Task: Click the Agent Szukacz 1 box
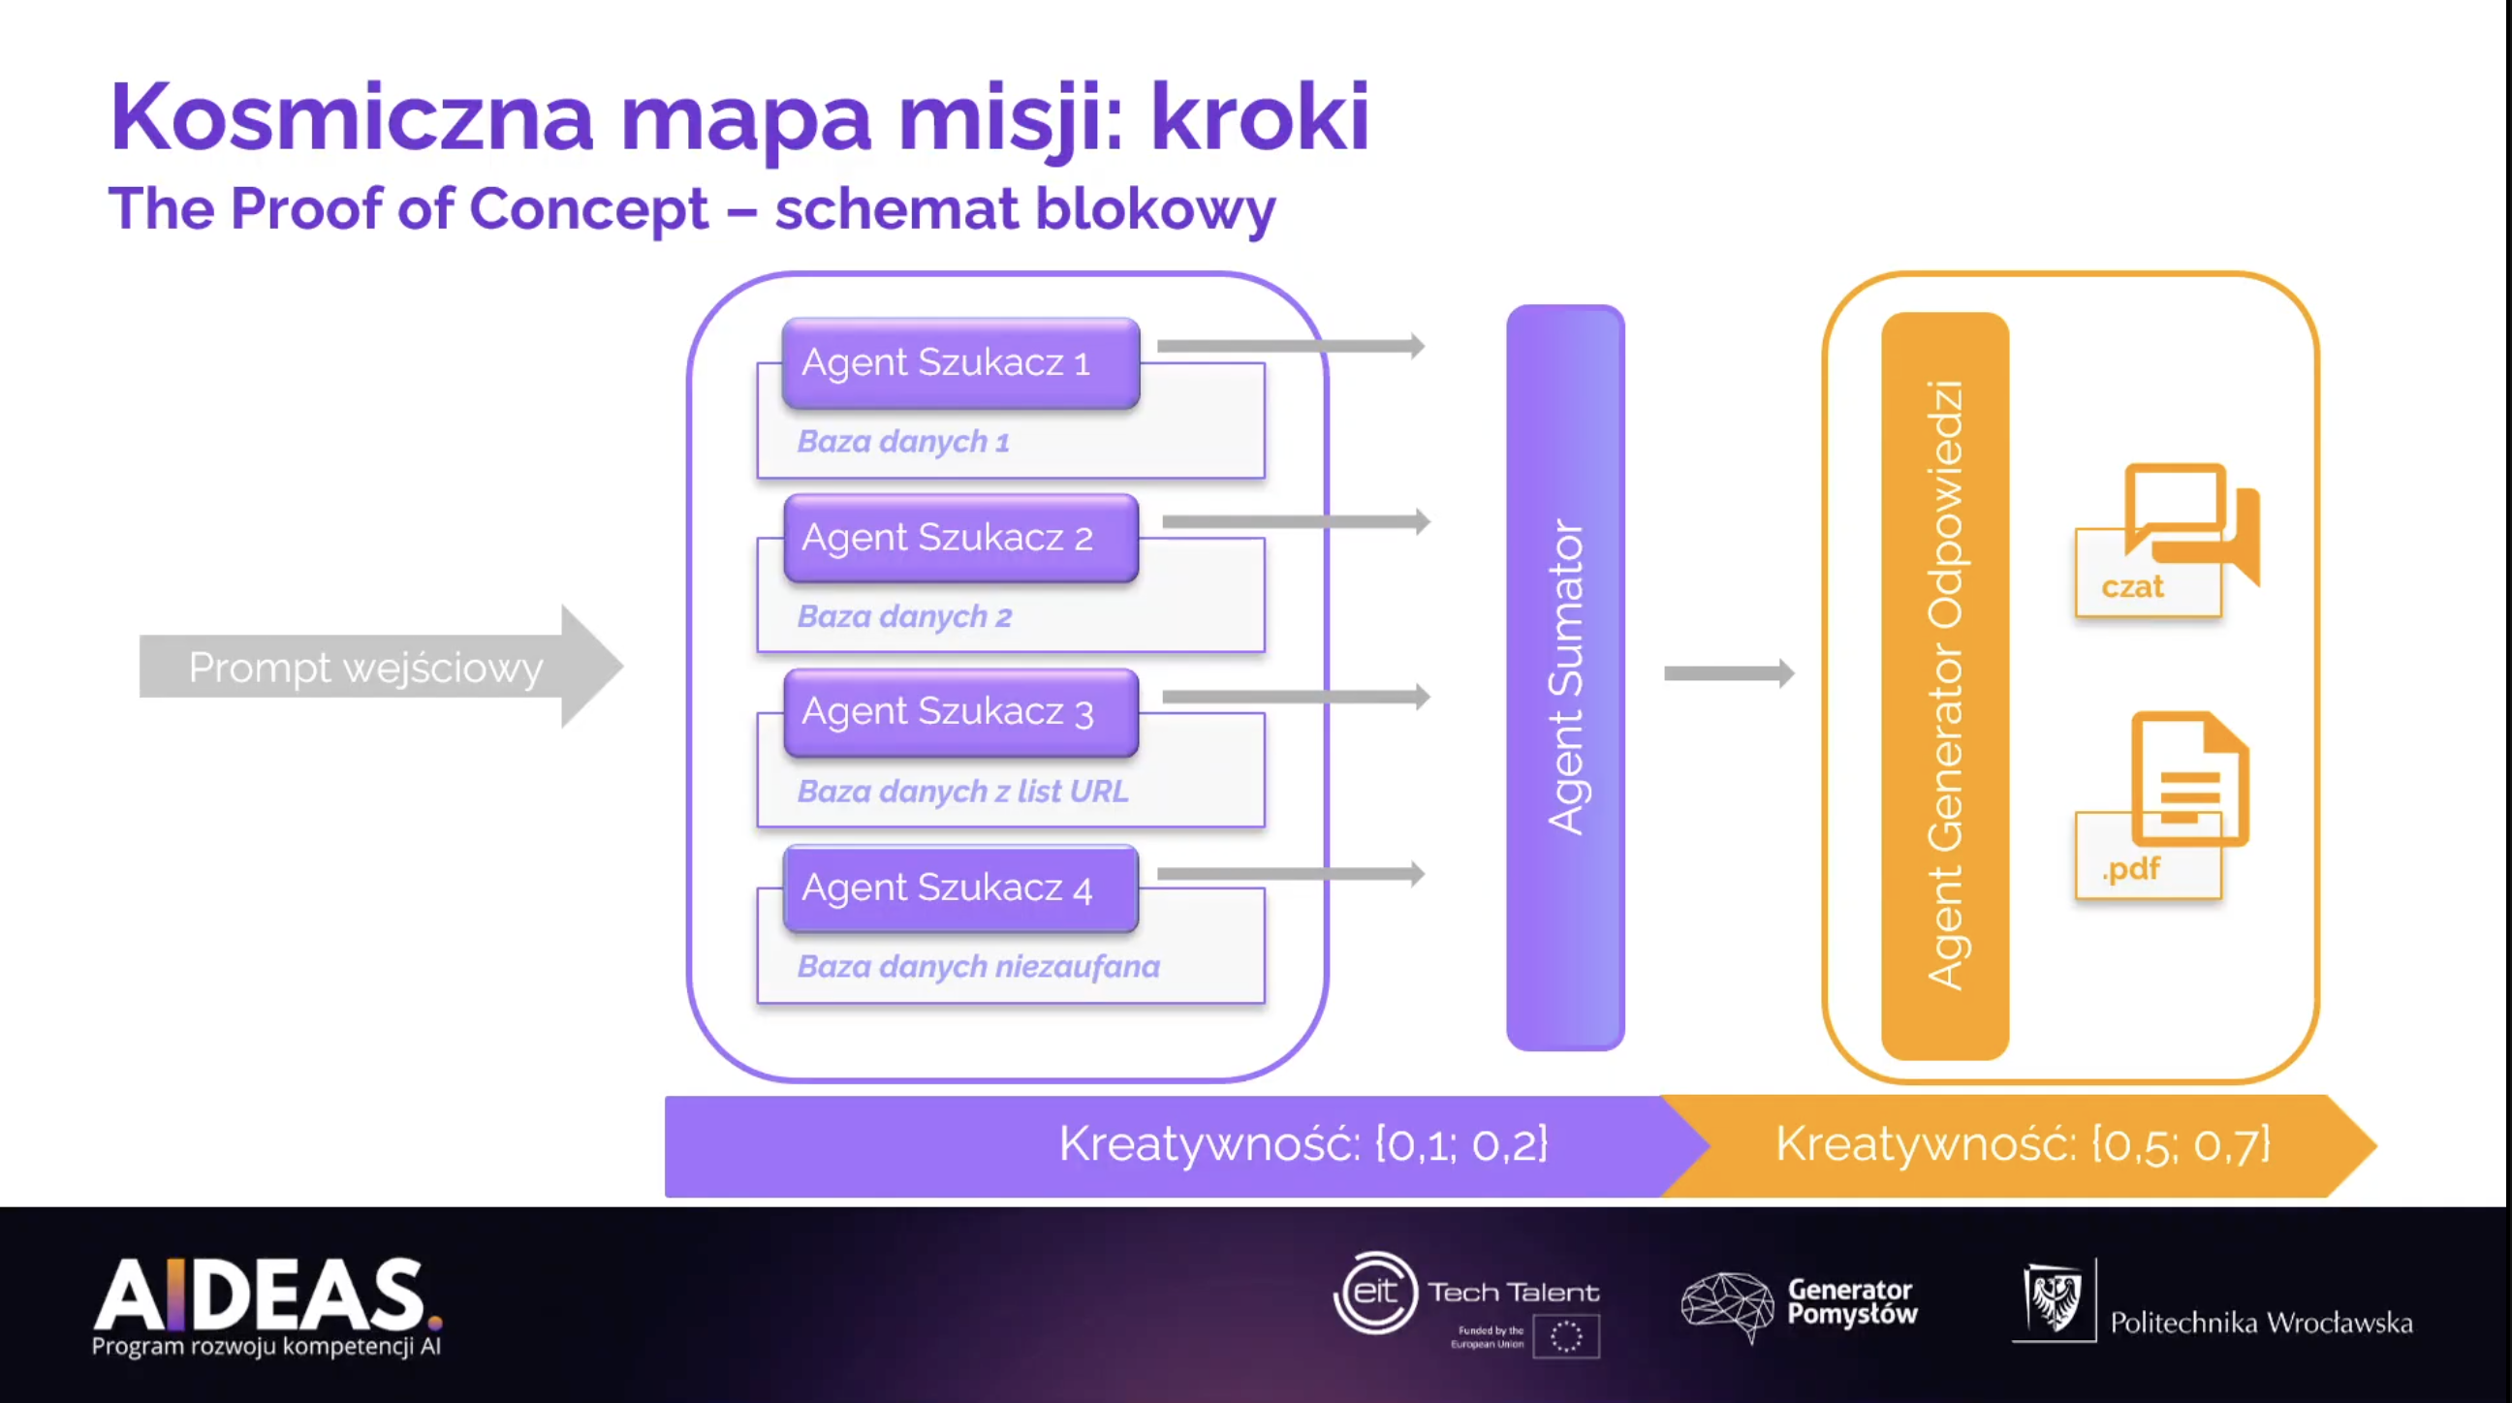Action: pyautogui.click(x=960, y=362)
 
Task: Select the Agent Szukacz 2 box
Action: pyautogui.click(x=960, y=538)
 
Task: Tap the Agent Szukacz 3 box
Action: pyautogui.click(x=960, y=713)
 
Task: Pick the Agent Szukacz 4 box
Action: pyautogui.click(x=960, y=889)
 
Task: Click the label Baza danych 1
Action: pyautogui.click(x=903, y=442)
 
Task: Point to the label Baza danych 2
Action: pyautogui.click(x=904, y=617)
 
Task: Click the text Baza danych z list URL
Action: pyautogui.click(x=962, y=792)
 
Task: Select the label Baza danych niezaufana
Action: pyautogui.click(x=978, y=967)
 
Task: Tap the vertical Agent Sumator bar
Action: pyautogui.click(x=1565, y=677)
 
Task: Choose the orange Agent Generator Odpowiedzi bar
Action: pyautogui.click(x=1944, y=685)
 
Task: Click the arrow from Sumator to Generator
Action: pyautogui.click(x=1728, y=672)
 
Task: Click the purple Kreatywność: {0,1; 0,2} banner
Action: pyautogui.click(x=1170, y=1145)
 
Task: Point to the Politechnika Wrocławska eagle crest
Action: pyautogui.click(x=2054, y=1298)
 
